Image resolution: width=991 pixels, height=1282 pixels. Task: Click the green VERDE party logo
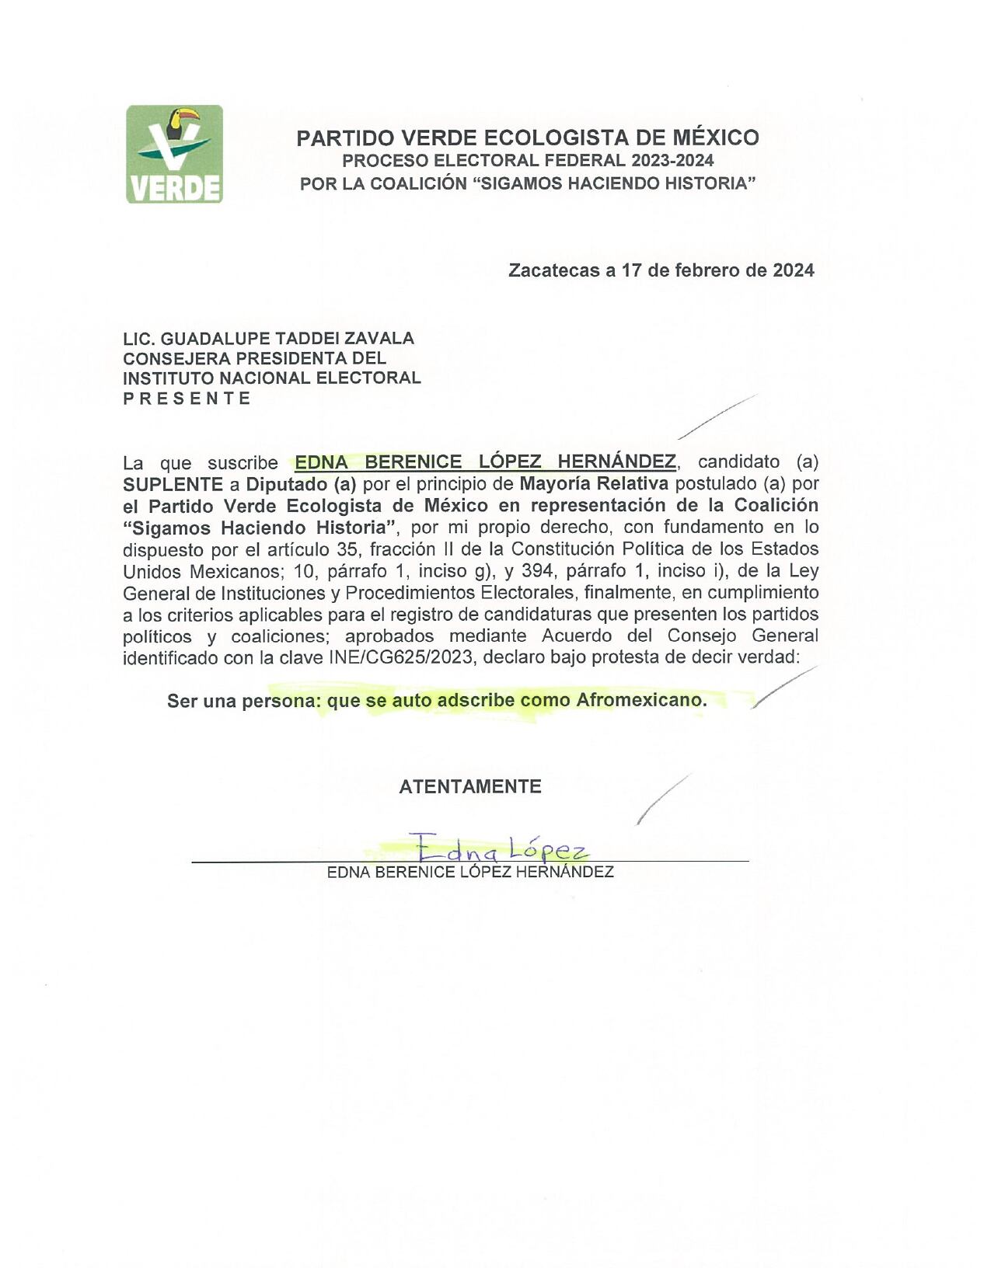[174, 155]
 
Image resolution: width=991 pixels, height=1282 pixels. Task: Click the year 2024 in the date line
[794, 270]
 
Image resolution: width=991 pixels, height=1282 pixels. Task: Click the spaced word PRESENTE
[187, 399]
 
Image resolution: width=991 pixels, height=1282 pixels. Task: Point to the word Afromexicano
[641, 700]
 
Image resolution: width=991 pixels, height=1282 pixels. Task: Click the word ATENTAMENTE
[469, 786]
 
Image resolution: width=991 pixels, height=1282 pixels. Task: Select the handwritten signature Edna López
[498, 847]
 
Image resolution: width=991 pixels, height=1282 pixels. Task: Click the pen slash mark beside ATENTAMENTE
[662, 799]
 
